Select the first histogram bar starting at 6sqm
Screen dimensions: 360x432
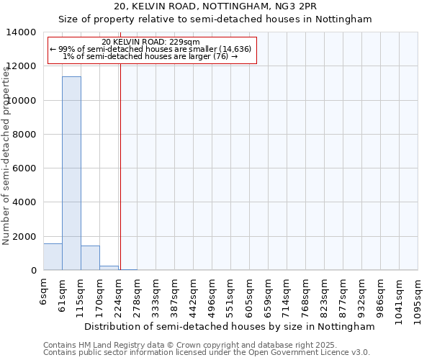click(53, 257)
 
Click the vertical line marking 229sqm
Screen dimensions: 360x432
click(120, 166)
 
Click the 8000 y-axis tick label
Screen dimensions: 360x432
click(24, 135)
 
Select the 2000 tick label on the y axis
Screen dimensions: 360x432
click(24, 237)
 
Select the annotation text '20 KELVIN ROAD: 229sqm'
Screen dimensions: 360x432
click(151, 42)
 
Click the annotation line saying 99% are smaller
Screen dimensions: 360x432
click(150, 49)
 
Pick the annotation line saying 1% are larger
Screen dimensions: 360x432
click(150, 56)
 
